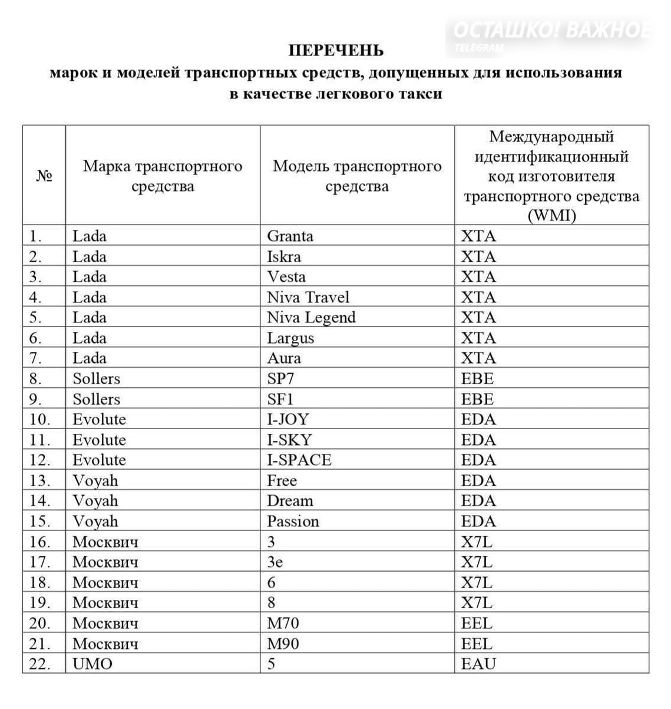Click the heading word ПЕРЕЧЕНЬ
(x=336, y=51)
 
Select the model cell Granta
(x=290, y=236)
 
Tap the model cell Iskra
(x=283, y=257)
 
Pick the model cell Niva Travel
(x=308, y=298)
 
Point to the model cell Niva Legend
(x=311, y=318)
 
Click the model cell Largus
(x=290, y=338)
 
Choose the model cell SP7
(x=280, y=379)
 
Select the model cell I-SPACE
(x=299, y=460)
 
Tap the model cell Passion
(x=292, y=522)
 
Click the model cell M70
(x=283, y=623)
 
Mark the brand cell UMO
(x=92, y=664)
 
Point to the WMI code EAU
(x=478, y=664)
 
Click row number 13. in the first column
(x=39, y=481)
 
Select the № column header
(x=44, y=176)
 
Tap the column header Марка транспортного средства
(x=163, y=176)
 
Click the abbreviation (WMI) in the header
(x=551, y=216)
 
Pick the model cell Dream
(x=290, y=501)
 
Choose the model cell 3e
(x=275, y=562)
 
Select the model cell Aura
(x=283, y=358)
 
